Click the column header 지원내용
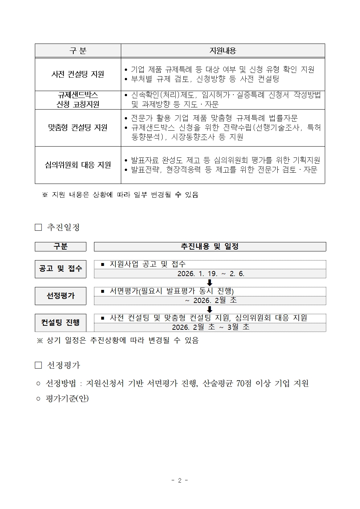(222, 51)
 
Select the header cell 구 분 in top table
(78, 51)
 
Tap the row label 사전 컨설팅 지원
(78, 74)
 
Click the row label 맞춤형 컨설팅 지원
(78, 128)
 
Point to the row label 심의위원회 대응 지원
(78, 165)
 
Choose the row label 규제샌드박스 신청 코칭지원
(78, 100)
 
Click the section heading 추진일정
(63, 227)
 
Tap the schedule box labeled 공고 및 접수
(61, 269)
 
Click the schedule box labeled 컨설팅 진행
(61, 323)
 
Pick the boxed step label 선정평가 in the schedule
(61, 296)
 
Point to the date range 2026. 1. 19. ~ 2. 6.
(210, 274)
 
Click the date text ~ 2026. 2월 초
(210, 300)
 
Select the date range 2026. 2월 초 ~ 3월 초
(210, 327)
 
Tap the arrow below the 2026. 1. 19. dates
(209, 283)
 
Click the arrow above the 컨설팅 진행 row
(209, 309)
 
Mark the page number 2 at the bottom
(180, 480)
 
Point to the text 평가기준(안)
(67, 399)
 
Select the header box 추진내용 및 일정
(210, 247)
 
